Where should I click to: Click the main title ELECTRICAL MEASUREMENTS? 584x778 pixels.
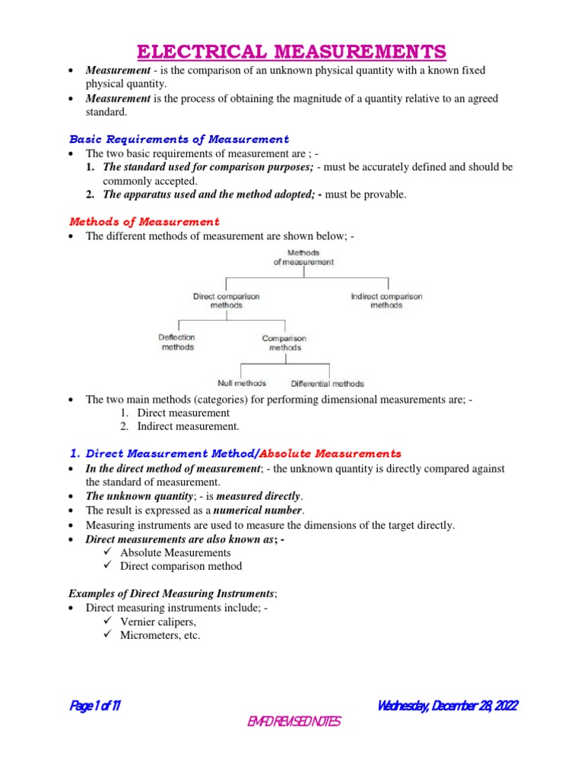coord(291,52)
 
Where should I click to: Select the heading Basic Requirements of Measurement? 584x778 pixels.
coord(179,139)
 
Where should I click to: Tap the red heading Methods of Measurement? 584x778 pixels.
coord(144,222)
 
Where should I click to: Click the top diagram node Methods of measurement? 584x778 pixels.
coord(303,257)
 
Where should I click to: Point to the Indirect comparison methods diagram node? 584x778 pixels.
coord(386,300)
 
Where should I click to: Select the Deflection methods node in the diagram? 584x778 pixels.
coord(177,342)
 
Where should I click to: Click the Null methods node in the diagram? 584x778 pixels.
coord(243,384)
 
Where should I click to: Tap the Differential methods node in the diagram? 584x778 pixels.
coord(327,384)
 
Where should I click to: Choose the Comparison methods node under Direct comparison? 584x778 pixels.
coord(284,343)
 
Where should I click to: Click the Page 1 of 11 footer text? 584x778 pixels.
coord(95,706)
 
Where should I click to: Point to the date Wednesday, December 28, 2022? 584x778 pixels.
coord(447,706)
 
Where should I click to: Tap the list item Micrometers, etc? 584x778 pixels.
coord(160,635)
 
